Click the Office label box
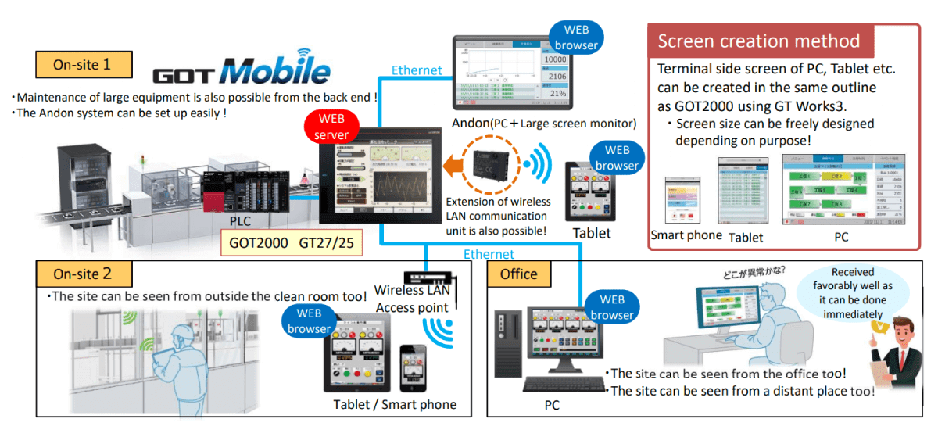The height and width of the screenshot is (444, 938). click(x=519, y=274)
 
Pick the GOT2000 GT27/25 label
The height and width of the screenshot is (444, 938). click(x=291, y=243)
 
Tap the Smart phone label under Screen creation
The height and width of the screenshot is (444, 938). click(x=685, y=235)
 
